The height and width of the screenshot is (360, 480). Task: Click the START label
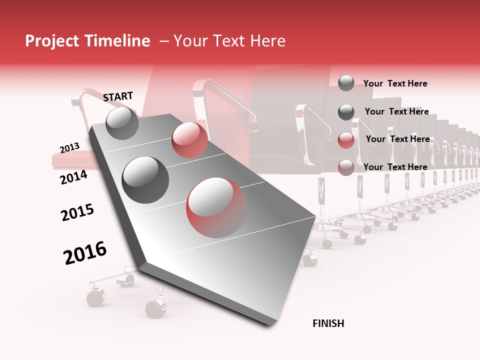pos(118,96)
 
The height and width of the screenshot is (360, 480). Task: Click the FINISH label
pos(328,323)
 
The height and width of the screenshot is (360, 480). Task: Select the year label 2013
pos(69,148)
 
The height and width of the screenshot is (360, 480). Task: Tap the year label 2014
pos(73,177)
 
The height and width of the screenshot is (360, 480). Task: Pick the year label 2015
pos(77,212)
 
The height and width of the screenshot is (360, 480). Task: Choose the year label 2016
pos(85,253)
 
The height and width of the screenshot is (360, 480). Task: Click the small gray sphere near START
pos(122,123)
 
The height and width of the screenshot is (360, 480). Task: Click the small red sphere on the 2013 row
pos(189,140)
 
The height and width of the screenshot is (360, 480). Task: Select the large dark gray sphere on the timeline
pos(145,179)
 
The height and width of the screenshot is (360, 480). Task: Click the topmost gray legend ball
pos(346,83)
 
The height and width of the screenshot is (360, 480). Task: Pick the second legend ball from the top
pos(346,112)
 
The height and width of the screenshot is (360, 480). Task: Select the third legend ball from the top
pos(346,140)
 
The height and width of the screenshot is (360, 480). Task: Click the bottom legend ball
pos(346,167)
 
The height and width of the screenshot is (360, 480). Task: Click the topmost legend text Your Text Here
pos(395,83)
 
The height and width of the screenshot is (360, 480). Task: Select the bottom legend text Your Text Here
pos(395,167)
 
